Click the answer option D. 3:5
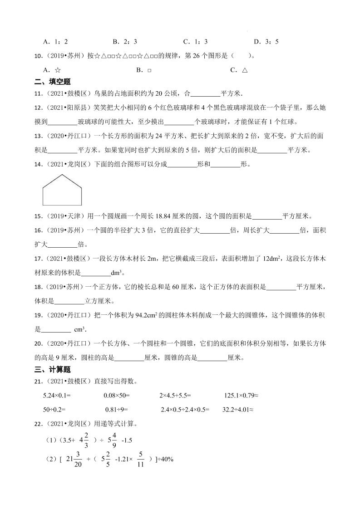pyautogui.click(x=266, y=42)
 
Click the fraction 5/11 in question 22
pyautogui.click(x=141, y=459)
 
